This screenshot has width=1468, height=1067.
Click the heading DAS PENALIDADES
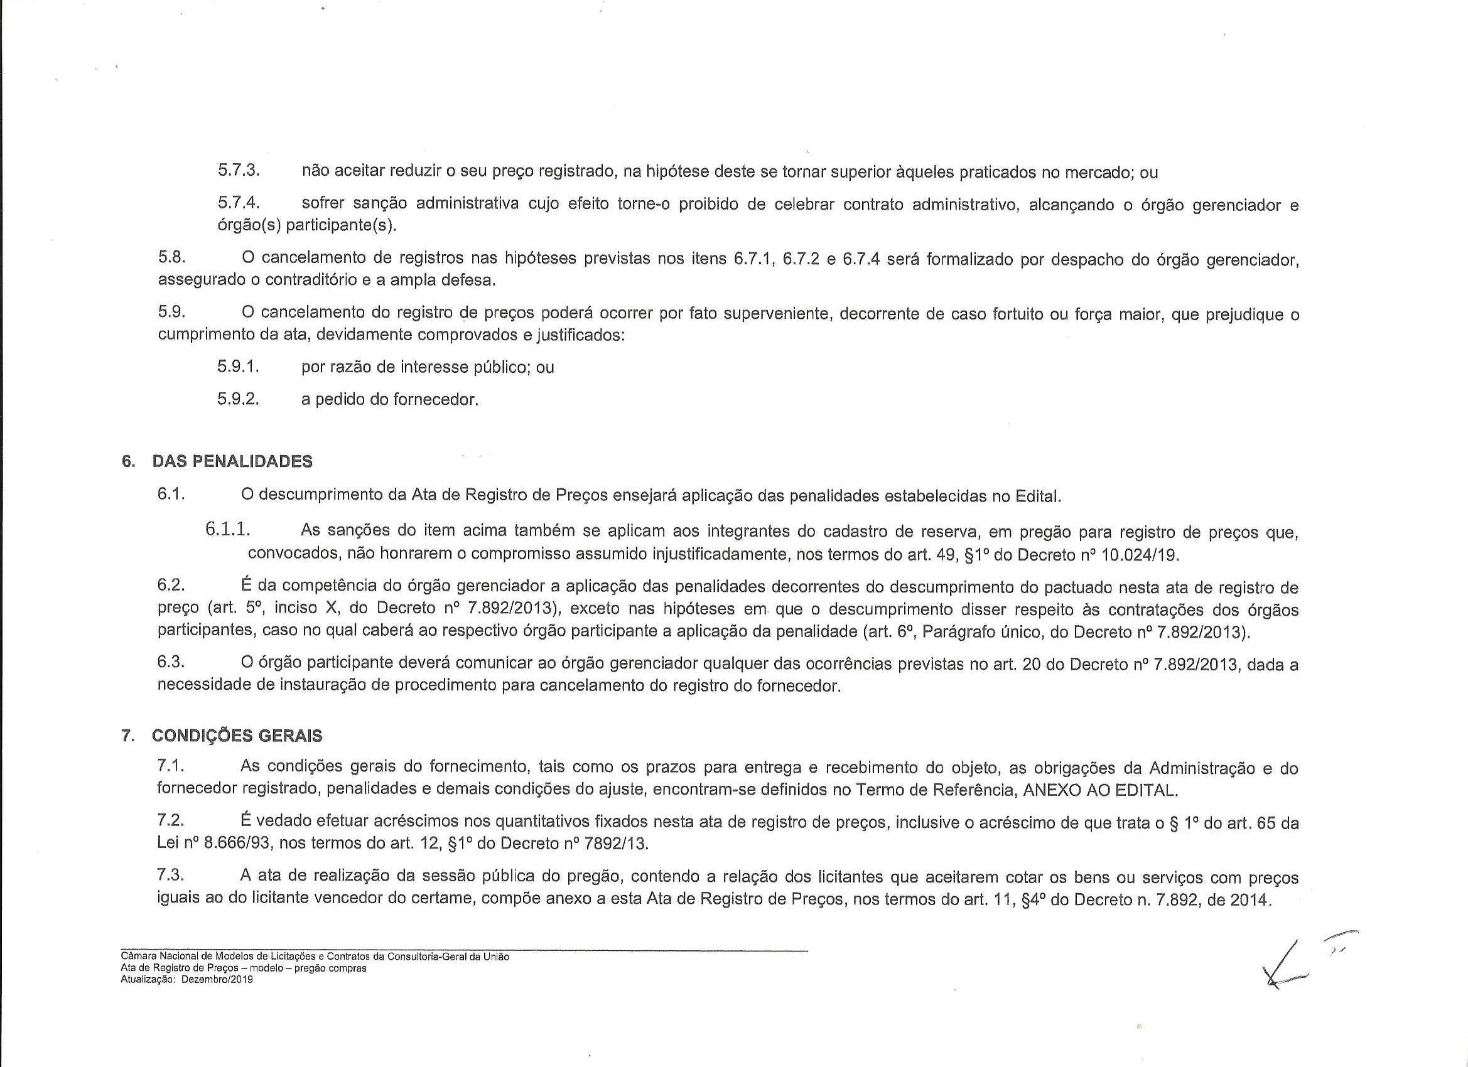click(232, 461)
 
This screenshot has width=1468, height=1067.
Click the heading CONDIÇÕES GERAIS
click(237, 736)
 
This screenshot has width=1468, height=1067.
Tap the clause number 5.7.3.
click(238, 171)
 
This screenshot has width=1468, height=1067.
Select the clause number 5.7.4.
click(238, 203)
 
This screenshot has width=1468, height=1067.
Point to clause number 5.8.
click(171, 257)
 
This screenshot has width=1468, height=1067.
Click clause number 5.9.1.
click(238, 367)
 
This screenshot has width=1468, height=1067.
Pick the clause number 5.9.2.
click(238, 399)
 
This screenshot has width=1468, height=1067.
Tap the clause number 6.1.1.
click(228, 529)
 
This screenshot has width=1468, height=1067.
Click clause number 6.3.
click(171, 663)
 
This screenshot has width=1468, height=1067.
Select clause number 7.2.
click(171, 821)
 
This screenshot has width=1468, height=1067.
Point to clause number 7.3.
click(171, 876)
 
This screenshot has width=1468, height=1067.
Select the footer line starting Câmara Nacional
click(315, 957)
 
